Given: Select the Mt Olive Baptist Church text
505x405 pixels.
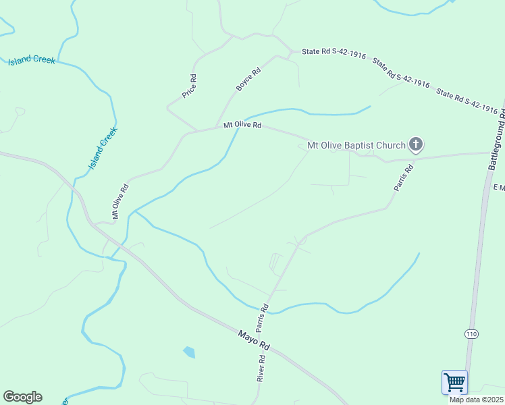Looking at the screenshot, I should pyautogui.click(x=356, y=144).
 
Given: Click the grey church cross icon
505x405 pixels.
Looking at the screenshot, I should pyautogui.click(x=417, y=144).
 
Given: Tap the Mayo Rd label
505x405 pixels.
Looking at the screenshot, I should pyautogui.click(x=254, y=340).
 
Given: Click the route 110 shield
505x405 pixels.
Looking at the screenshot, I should pyautogui.click(x=471, y=334).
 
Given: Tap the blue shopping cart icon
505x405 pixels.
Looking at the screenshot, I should pyautogui.click(x=454, y=382).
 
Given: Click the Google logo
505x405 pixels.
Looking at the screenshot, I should pyautogui.click(x=22, y=397).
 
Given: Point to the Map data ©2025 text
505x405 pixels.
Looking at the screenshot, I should pyautogui.click(x=477, y=400).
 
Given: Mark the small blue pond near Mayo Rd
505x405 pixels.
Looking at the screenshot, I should pyautogui.click(x=189, y=352).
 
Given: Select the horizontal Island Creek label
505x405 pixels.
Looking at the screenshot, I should pyautogui.click(x=31, y=61).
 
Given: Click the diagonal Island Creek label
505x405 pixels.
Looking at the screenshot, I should pyautogui.click(x=103, y=148).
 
